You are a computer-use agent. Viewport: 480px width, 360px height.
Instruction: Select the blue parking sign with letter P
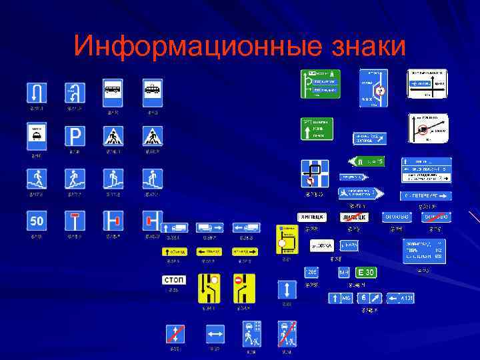click(x=75, y=136)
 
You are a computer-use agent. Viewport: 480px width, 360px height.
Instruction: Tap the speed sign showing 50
click(x=36, y=221)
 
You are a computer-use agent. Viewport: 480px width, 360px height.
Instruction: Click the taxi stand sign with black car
click(x=36, y=136)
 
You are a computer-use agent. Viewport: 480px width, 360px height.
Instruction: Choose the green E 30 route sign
click(x=366, y=272)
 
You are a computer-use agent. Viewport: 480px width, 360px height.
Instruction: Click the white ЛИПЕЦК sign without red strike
click(x=311, y=217)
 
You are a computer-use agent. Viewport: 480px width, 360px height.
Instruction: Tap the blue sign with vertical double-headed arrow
click(x=287, y=289)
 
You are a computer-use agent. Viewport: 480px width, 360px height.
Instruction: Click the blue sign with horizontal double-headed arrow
click(x=214, y=333)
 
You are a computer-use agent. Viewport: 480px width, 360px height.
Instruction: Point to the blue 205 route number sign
click(x=311, y=272)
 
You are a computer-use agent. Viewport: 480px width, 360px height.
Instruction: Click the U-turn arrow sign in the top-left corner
click(x=36, y=92)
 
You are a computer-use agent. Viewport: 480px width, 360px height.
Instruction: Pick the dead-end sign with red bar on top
click(x=75, y=221)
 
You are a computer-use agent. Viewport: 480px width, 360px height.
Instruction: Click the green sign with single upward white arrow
click(x=318, y=129)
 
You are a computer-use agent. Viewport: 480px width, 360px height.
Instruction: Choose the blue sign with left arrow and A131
click(x=400, y=298)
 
